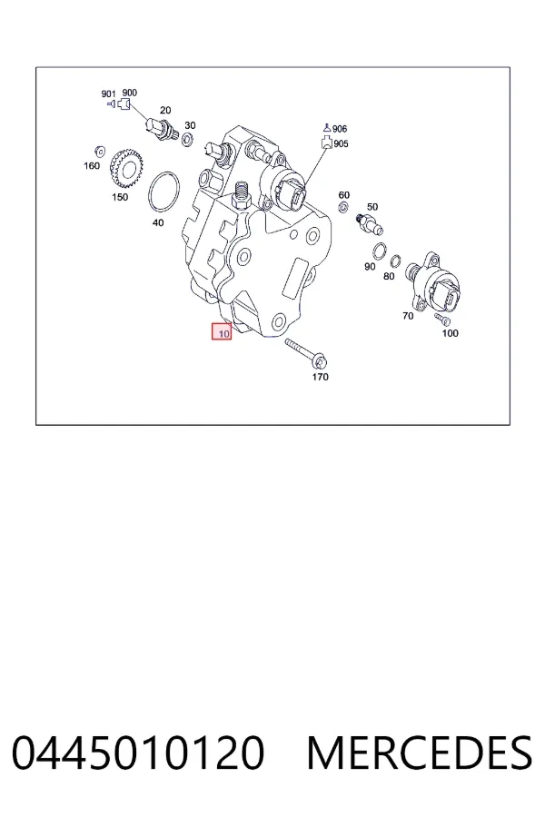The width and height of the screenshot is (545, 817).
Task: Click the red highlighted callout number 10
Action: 222,331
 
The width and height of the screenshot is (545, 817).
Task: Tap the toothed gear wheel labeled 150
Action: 126,168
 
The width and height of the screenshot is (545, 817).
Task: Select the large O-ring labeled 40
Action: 164,192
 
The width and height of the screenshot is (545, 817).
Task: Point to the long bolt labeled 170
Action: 306,353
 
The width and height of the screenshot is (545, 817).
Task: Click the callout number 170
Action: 321,377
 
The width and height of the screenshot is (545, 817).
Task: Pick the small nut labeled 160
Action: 99,153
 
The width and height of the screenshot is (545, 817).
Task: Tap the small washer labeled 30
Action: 188,140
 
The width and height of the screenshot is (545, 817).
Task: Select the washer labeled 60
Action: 343,208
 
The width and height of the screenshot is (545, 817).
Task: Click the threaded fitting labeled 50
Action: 370,223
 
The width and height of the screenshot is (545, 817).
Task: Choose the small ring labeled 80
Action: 396,261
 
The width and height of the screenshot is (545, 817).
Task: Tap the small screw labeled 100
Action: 442,318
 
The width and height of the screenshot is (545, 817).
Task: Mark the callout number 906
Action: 340,129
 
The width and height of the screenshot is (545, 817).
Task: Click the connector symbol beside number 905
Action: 326,143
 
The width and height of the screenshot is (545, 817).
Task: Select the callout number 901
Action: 108,94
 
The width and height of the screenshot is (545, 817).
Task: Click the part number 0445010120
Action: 138,753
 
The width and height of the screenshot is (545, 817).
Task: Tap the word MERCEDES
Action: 420,753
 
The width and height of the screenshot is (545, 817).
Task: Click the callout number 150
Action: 120,197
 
